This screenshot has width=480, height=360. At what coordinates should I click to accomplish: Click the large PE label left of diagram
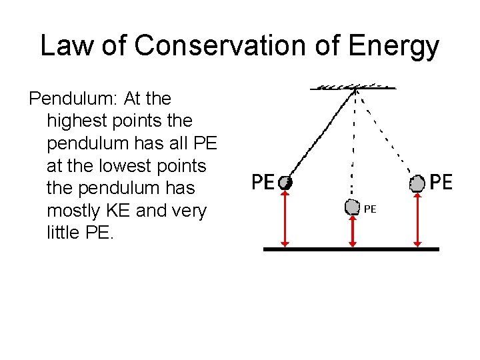[x=263, y=181]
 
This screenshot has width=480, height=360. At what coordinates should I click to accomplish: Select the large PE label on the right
[x=441, y=181]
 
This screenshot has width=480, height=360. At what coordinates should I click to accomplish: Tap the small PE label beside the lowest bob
[x=370, y=209]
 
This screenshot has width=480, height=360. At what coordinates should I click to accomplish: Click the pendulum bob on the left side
[x=285, y=182]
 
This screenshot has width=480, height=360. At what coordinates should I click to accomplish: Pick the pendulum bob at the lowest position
[x=353, y=207]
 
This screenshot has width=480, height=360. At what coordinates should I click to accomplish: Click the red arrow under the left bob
[x=285, y=219]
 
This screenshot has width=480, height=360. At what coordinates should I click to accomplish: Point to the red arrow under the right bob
[x=417, y=219]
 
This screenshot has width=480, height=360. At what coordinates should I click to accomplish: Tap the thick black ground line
[x=351, y=249]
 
